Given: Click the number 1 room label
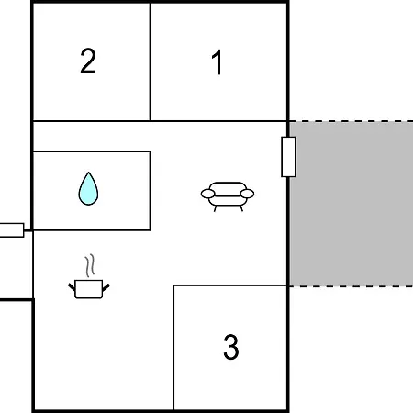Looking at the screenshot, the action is [218, 62].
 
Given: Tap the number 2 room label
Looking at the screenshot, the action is [88, 61].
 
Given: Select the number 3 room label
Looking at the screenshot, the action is [231, 347].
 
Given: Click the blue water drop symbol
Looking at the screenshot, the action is [88, 188].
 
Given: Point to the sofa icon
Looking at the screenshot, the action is [228, 196].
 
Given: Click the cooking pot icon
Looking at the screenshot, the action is [89, 289].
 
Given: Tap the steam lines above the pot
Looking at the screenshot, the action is [89, 265].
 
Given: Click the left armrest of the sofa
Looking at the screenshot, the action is [207, 194].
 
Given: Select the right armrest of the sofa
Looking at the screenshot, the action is [247, 194].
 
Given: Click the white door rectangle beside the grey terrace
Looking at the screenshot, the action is [288, 157].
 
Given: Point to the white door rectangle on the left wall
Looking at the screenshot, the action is [12, 230].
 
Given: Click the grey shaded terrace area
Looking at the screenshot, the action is [352, 204].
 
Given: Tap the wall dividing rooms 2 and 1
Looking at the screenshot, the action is [151, 62].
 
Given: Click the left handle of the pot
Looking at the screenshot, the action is [72, 287].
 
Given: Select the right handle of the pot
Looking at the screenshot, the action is [106, 287].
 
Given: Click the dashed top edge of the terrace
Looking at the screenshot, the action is [352, 121].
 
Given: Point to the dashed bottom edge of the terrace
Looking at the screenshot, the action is [352, 286].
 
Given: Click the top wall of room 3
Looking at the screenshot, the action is [230, 285].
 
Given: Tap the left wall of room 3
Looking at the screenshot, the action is [173, 348].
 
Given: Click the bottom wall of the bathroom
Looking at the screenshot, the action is [92, 230].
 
